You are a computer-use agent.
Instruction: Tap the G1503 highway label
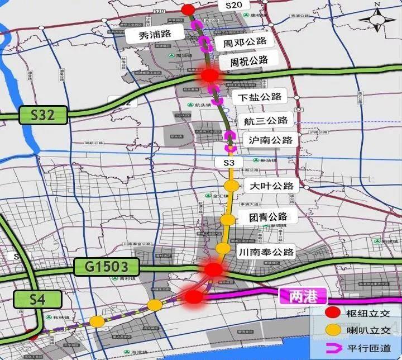(107, 267)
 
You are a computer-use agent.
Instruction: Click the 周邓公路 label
(245, 42)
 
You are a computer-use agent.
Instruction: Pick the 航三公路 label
(266, 120)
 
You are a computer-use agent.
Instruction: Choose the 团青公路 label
(270, 216)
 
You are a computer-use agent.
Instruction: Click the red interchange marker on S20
(188, 10)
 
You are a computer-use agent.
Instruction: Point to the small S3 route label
(228, 162)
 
